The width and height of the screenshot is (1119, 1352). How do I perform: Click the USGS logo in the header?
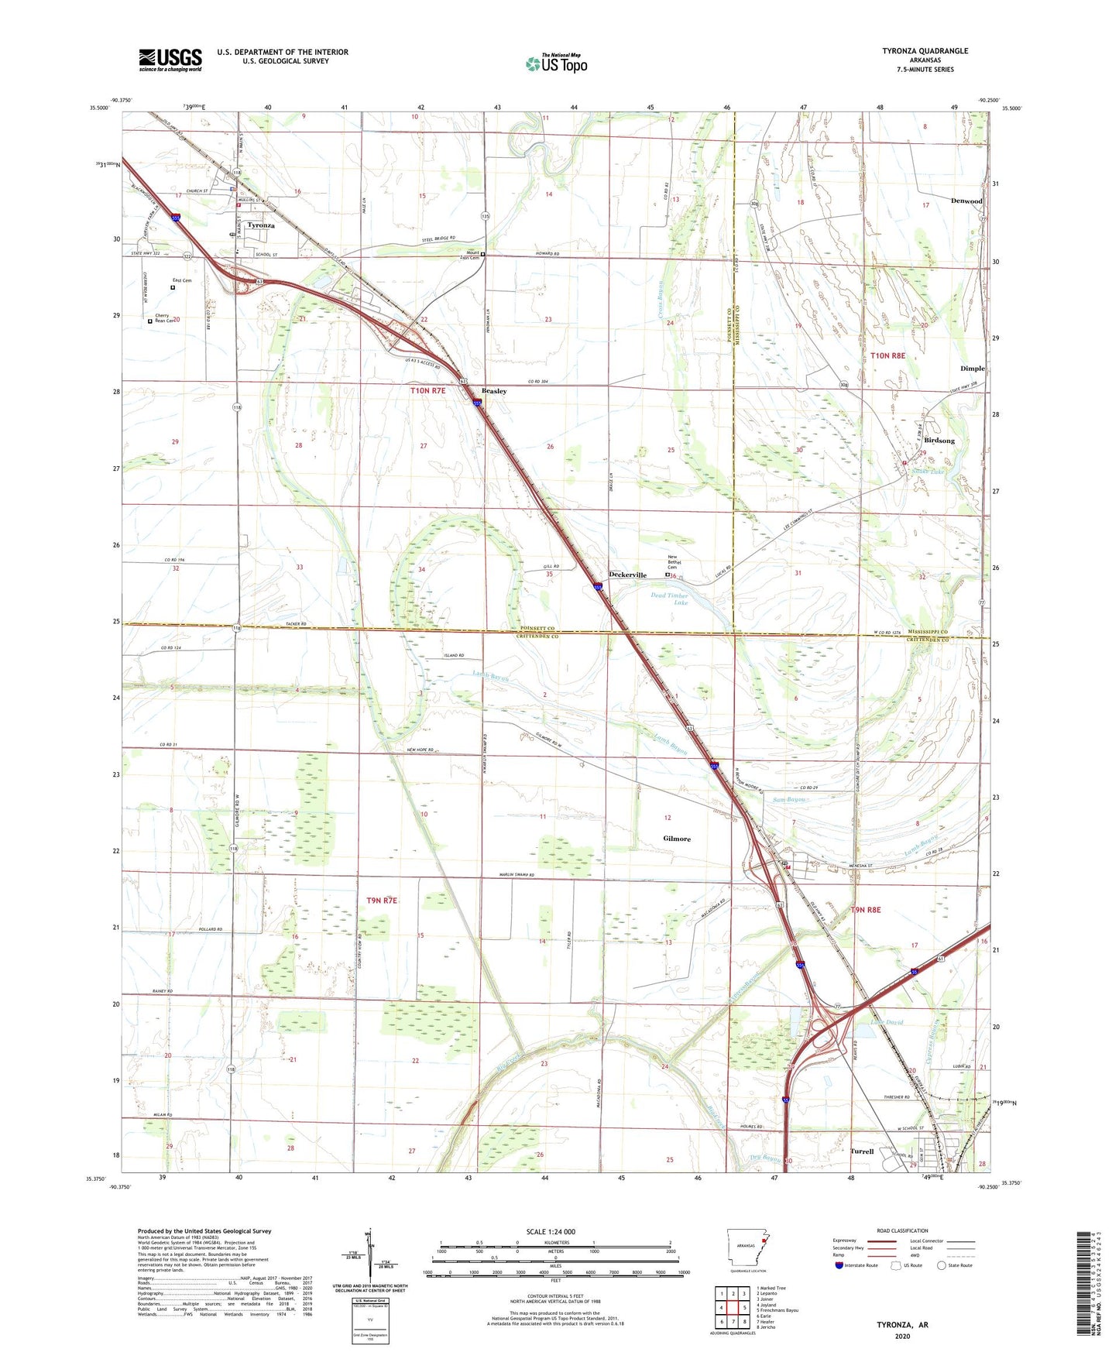coord(170,59)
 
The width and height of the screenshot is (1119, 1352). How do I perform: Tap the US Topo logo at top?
coord(556,63)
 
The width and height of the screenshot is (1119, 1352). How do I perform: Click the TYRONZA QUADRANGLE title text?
coord(925,51)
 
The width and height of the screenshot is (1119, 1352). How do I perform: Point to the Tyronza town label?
coord(261,225)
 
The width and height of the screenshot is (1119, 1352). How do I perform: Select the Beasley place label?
coord(494,391)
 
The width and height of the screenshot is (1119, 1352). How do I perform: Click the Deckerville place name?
coord(627,575)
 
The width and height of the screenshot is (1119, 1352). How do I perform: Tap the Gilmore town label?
coord(677,839)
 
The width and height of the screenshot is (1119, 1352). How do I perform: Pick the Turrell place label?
coord(862,1151)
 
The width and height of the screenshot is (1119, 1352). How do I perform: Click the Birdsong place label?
coord(939,441)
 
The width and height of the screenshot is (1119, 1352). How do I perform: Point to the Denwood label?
coord(966,201)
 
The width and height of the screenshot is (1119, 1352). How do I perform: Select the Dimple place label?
coord(972,369)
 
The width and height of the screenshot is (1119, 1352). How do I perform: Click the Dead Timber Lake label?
coord(669,599)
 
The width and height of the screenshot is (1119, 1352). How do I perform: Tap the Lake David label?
coord(887,1022)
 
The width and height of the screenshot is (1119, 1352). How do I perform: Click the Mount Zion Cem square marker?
coord(483,254)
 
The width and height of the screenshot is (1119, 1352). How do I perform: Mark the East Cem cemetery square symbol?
coord(173,288)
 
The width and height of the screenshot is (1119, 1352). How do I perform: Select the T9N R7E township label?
coord(381,901)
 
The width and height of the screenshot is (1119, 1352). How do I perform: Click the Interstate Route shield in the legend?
coord(839,1265)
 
